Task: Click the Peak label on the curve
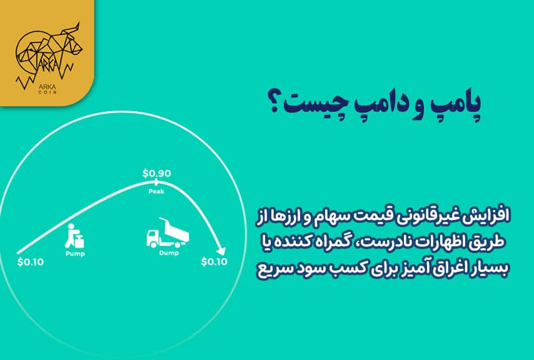(156, 191)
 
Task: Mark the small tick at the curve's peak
(156, 182)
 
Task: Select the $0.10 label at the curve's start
(31, 261)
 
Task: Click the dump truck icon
(166, 232)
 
